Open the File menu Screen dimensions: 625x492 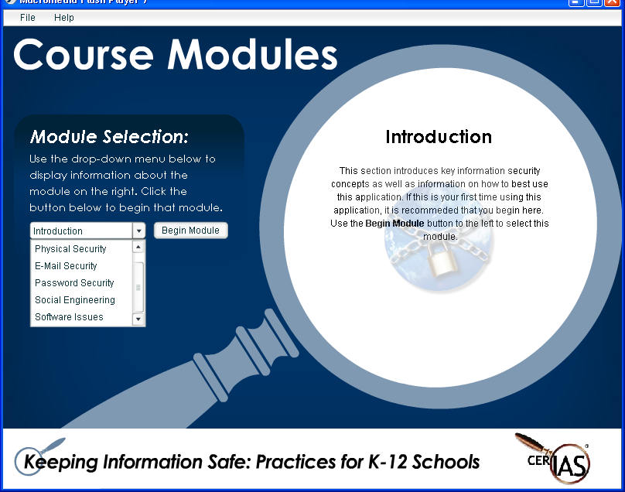28,18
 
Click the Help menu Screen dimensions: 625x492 63,18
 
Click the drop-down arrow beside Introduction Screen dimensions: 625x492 138,231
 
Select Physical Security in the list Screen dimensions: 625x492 70,249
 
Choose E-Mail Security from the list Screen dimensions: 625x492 66,266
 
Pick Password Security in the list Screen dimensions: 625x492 74,283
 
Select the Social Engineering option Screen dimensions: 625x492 75,300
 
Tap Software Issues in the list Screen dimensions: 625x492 69,317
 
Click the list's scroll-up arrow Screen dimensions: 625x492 138,248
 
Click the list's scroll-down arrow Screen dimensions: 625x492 138,319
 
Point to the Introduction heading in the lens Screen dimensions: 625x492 439,137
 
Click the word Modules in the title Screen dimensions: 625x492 252,55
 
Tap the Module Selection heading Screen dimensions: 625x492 109,137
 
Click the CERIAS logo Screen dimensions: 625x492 553,459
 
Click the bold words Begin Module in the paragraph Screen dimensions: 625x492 394,224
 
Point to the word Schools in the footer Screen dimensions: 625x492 446,462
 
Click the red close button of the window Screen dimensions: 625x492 613,2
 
